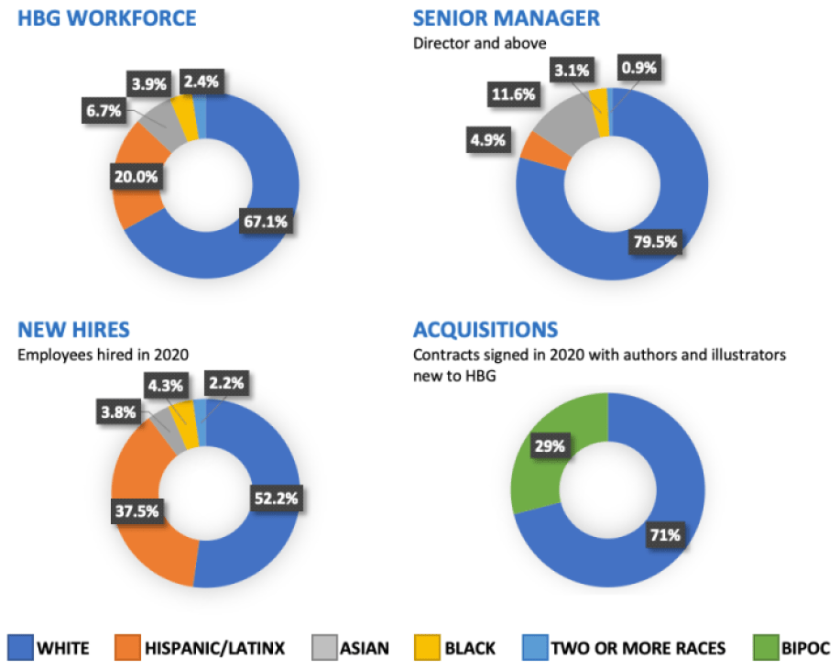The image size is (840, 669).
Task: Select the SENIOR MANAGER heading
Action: point(506,17)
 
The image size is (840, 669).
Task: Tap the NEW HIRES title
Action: point(74,330)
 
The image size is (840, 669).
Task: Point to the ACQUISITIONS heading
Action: point(485,330)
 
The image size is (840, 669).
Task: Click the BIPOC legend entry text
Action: point(807,648)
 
